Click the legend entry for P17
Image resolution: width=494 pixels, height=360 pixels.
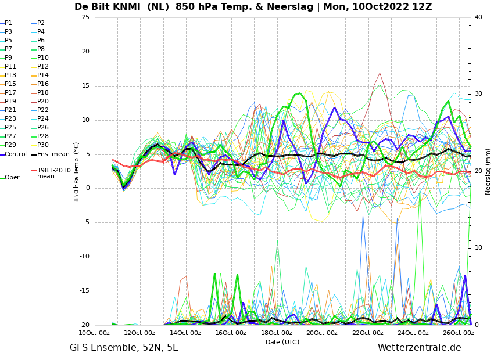point(8,92)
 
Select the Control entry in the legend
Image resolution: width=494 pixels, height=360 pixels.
point(13,154)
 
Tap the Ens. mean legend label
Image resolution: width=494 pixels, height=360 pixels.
point(51,154)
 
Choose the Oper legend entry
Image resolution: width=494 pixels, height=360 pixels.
point(10,178)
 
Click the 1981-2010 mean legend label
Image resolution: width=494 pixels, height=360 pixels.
point(51,173)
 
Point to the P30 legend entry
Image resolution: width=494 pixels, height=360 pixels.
point(40,145)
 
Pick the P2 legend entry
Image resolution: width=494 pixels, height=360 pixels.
point(38,23)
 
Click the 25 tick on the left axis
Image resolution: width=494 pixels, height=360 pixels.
point(85,17)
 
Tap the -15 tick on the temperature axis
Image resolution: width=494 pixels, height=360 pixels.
point(84,291)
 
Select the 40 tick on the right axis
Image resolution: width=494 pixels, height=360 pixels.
point(478,17)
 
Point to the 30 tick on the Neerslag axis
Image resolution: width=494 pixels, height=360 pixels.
point(478,94)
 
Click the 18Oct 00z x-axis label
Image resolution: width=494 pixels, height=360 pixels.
point(277,333)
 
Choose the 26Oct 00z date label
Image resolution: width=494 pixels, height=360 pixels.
point(459,333)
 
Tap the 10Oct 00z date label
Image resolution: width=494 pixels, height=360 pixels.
point(94,333)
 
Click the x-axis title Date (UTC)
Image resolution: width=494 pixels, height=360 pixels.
point(282,342)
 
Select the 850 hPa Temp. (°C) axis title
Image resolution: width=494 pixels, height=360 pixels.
point(76,172)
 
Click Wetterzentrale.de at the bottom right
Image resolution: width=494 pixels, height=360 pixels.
point(420,348)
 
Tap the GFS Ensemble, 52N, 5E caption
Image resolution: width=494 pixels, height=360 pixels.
point(124,348)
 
